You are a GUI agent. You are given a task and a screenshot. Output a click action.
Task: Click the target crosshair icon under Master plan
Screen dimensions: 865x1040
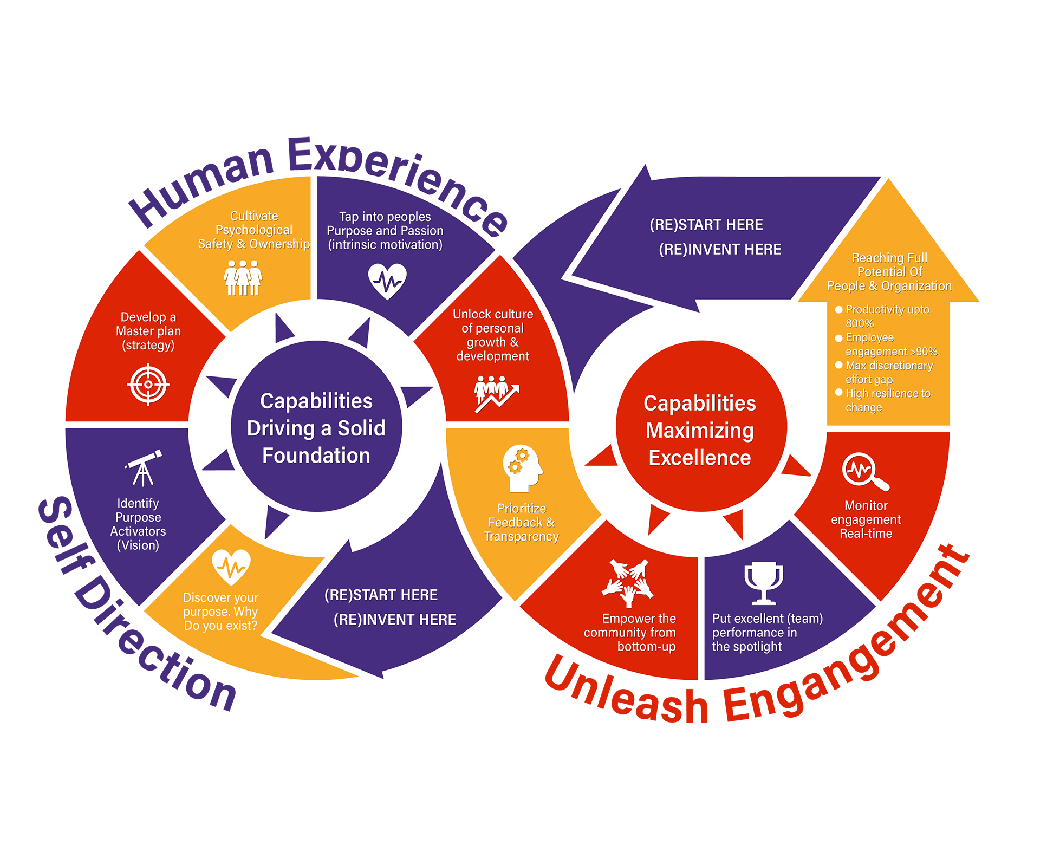(148, 385)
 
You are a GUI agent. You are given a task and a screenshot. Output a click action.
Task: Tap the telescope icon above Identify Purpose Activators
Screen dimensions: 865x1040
(144, 468)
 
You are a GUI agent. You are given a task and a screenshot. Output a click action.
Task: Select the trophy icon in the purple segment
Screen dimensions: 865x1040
(764, 583)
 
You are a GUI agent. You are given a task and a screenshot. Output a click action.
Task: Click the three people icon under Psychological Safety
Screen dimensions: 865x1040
(243, 278)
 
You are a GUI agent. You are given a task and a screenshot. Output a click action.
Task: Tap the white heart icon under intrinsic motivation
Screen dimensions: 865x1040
(387, 281)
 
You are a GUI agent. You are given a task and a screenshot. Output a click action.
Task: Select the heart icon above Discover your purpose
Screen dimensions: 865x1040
(231, 567)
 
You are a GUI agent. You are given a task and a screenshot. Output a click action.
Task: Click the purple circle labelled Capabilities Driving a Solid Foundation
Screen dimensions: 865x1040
(316, 427)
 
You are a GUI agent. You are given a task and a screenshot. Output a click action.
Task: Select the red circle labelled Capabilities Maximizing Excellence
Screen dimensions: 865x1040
(701, 427)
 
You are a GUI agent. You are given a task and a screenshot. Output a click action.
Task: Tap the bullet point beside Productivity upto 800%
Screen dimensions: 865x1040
(838, 310)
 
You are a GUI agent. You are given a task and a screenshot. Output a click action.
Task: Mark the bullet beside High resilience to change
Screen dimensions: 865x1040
(838, 393)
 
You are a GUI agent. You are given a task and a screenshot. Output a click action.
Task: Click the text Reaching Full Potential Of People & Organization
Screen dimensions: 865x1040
(889, 272)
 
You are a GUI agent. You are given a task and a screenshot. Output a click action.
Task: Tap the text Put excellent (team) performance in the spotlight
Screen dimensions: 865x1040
(766, 633)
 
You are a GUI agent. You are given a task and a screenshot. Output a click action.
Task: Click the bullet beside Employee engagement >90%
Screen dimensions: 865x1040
(838, 338)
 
